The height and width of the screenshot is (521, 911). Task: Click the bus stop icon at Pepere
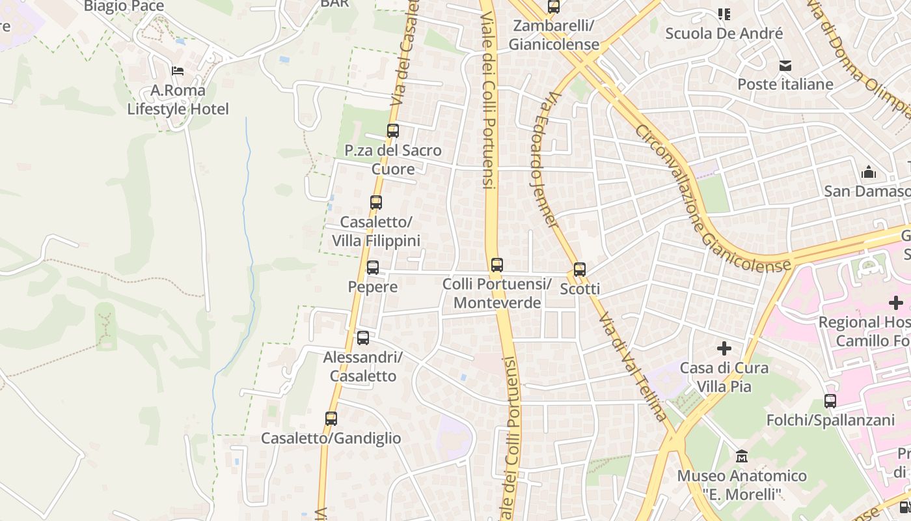tap(373, 268)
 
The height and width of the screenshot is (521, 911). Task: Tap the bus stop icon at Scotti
tap(580, 270)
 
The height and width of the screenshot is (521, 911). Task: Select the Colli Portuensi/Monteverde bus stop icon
tap(497, 265)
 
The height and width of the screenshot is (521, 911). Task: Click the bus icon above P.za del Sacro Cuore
tap(392, 131)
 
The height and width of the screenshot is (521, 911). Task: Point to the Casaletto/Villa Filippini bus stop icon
tap(376, 203)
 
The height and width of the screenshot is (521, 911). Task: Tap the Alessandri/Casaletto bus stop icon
tap(363, 338)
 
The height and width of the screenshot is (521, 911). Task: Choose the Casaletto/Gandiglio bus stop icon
tap(331, 419)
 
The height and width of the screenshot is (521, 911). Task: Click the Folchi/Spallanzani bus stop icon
tap(830, 401)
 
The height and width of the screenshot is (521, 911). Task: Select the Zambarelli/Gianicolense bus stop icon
tap(554, 7)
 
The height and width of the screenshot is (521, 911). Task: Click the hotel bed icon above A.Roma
tap(178, 71)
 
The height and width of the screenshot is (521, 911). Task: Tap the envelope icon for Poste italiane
tap(785, 66)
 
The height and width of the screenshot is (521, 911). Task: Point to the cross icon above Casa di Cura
tap(724, 348)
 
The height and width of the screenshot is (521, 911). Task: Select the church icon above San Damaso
tap(869, 173)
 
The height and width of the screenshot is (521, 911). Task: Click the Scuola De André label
tap(724, 33)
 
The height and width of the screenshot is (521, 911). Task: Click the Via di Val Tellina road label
tap(632, 365)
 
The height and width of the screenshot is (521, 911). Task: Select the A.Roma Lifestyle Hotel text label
tap(178, 100)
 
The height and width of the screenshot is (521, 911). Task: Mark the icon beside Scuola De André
tap(724, 14)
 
